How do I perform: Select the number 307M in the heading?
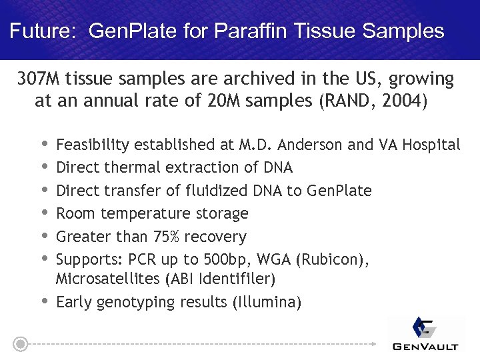(x=39, y=80)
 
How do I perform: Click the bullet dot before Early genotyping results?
(x=45, y=301)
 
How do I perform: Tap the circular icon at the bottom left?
(x=21, y=344)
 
